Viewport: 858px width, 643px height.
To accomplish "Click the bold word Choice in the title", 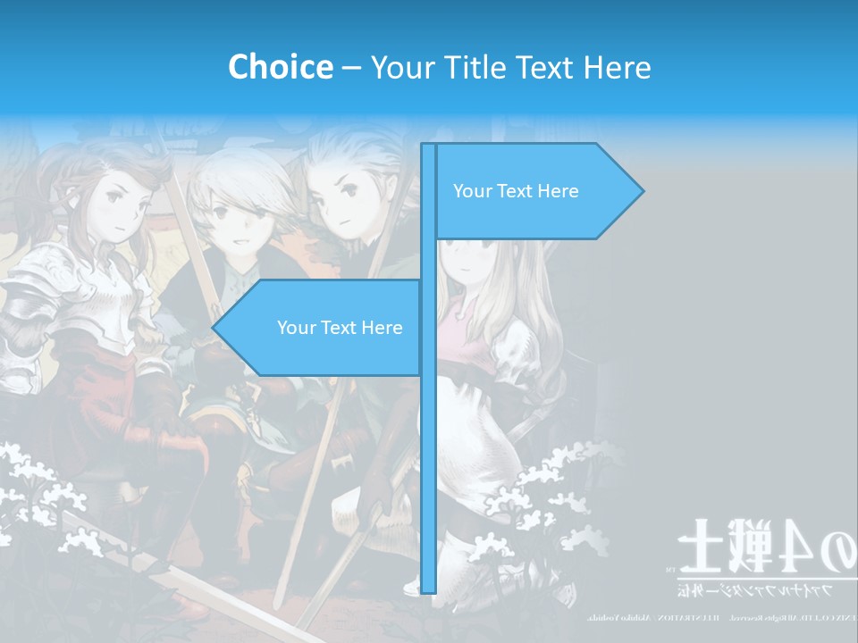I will (280, 67).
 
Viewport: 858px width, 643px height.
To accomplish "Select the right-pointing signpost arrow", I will (536, 191).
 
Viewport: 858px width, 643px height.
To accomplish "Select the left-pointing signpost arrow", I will (322, 328).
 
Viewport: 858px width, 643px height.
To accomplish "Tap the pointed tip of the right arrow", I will (641, 191).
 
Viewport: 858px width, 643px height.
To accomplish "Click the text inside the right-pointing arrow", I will (516, 191).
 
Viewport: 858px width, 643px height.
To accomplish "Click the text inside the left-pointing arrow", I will (340, 328).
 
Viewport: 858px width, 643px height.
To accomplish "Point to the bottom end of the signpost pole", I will (429, 589).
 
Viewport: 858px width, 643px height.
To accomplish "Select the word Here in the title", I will (617, 67).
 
